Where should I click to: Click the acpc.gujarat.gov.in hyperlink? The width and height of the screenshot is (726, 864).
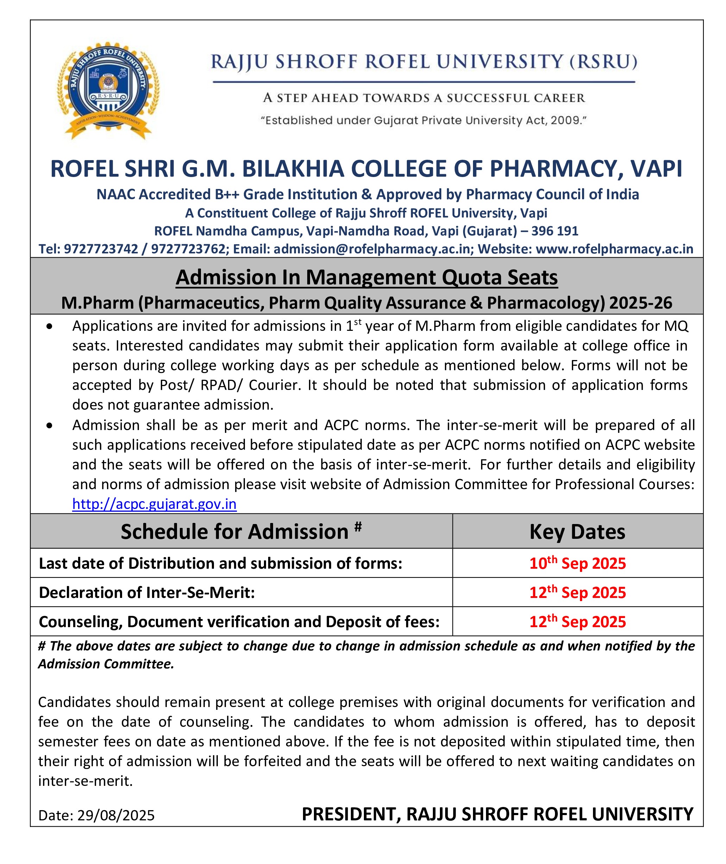click(x=154, y=504)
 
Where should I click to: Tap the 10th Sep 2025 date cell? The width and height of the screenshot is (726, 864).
click(x=577, y=563)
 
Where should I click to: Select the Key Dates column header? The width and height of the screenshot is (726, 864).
click(x=577, y=531)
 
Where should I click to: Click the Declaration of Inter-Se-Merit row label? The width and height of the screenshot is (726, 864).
click(x=147, y=592)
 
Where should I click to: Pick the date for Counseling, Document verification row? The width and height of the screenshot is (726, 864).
click(x=577, y=622)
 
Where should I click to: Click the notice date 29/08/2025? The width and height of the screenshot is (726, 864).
click(x=116, y=815)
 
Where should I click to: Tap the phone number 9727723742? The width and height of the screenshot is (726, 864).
click(x=101, y=248)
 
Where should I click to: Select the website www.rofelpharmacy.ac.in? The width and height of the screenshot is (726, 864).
click(x=614, y=248)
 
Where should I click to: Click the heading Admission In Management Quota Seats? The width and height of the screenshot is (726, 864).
click(x=367, y=277)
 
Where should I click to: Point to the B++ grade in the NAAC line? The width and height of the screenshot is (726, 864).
click(x=226, y=194)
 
